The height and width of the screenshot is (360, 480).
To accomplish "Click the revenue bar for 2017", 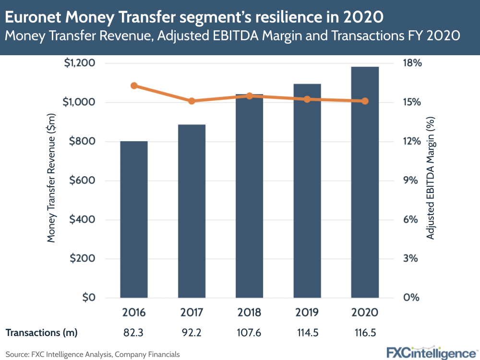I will point(192,211).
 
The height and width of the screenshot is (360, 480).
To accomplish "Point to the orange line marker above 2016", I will point(134,86).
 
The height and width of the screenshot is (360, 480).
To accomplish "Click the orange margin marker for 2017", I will point(192,101).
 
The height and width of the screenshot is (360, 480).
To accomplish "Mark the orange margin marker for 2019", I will point(307,99).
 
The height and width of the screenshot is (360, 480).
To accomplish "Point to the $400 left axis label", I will point(81,220).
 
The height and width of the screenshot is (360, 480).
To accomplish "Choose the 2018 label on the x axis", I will point(249,312).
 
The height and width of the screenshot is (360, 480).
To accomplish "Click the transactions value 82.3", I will point(134,332).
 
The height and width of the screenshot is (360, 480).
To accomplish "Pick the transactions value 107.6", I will point(249,332).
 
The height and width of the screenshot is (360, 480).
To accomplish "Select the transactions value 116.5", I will point(364,332).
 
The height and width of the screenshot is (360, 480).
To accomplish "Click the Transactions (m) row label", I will point(41,332).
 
